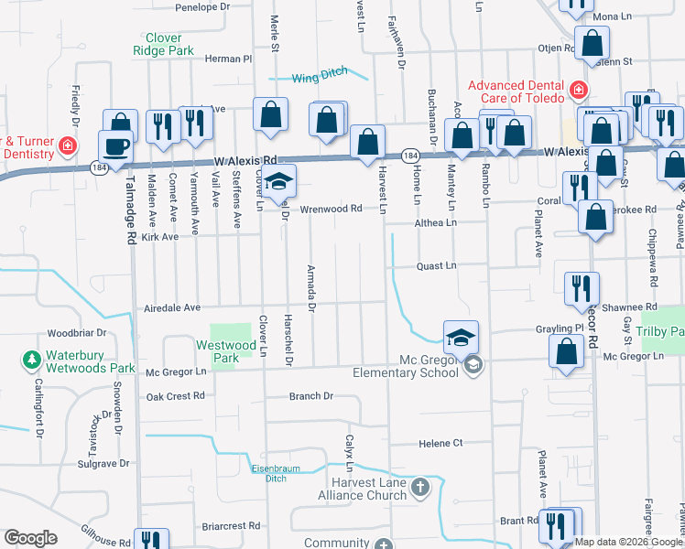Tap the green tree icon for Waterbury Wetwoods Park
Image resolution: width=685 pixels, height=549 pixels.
[x=33, y=358]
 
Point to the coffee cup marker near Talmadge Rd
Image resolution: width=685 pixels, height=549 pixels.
[x=117, y=145]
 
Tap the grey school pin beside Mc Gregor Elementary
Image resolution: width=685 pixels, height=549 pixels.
[x=473, y=367]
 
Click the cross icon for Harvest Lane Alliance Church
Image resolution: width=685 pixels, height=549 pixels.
[x=420, y=487]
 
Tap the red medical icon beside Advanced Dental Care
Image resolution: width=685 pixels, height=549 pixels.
[x=577, y=90]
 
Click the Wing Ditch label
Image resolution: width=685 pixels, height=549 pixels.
[x=317, y=78]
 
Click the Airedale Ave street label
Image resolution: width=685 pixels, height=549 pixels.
[x=172, y=308]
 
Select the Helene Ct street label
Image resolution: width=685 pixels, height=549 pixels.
[x=441, y=443]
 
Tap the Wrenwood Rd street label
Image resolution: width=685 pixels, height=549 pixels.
[x=337, y=208]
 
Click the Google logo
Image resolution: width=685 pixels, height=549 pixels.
[x=30, y=537]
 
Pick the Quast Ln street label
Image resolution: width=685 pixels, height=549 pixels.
[x=437, y=265]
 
